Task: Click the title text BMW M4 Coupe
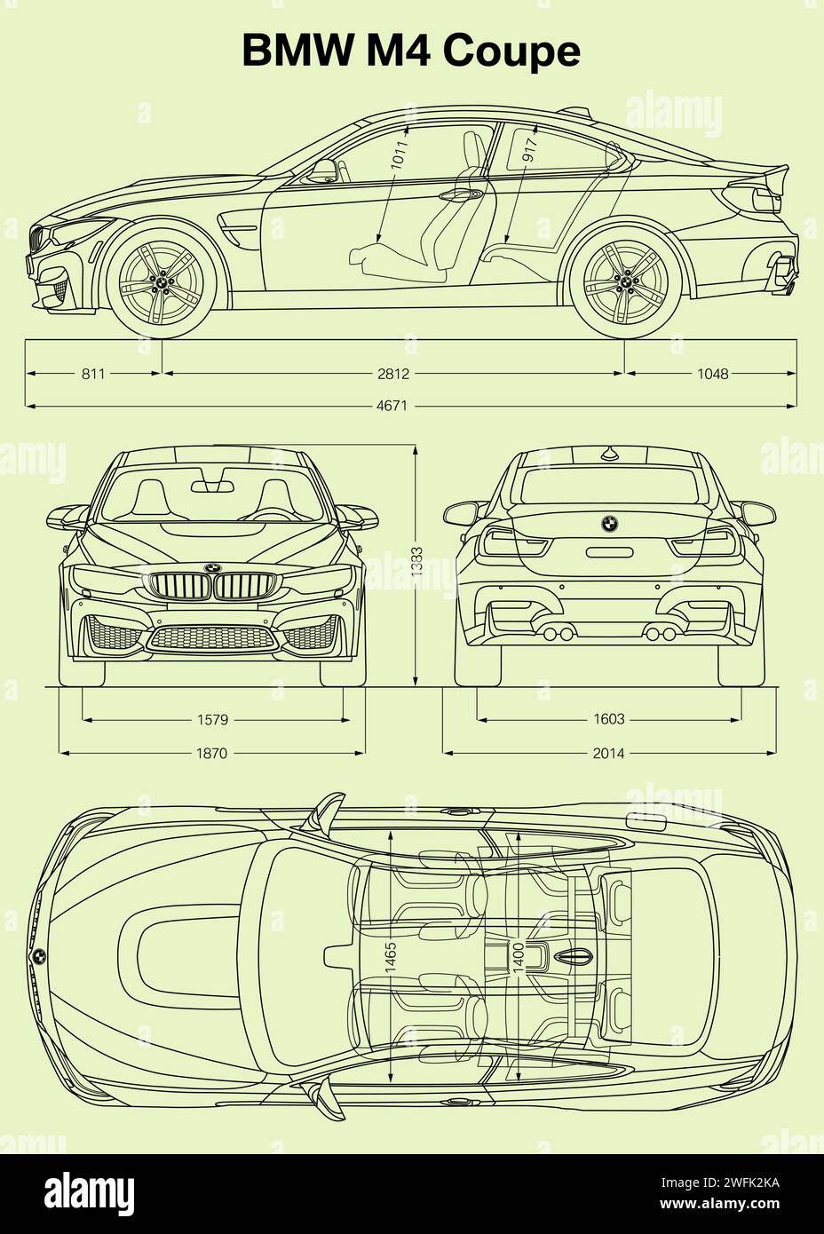[411, 51]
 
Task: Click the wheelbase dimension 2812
[392, 374]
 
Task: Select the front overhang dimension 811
[93, 374]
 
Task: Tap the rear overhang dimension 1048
[712, 374]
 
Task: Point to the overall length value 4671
[392, 407]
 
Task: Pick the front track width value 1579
[212, 719]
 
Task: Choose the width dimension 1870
[212, 753]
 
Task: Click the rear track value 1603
[608, 719]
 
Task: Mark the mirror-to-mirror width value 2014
[608, 753]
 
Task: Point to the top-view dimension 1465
[392, 959]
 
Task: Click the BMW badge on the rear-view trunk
[608, 524]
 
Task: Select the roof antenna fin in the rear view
[608, 455]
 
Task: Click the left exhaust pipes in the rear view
[558, 633]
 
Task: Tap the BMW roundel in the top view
[39, 956]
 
